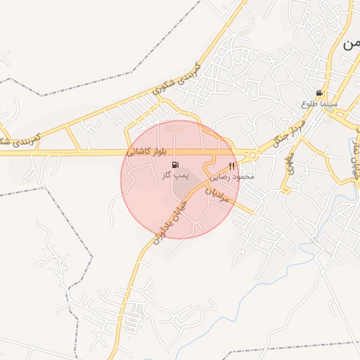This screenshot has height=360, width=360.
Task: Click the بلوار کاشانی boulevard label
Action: point(148,151)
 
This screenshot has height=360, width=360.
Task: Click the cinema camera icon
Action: point(319,94)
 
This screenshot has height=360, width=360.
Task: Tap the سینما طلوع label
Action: point(319,103)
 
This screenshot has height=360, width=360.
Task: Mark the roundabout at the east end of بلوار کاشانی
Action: point(252,155)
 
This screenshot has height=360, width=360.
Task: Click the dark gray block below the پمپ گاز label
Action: point(181,189)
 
